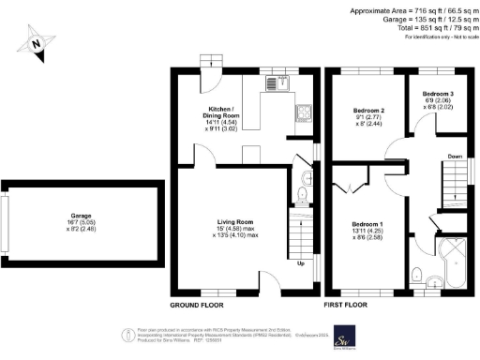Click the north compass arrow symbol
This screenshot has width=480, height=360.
[x=36, y=41]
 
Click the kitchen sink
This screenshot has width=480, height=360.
[x=271, y=82]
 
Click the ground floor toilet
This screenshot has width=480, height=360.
[x=302, y=194]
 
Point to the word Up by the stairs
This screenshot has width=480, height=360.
[x=300, y=262]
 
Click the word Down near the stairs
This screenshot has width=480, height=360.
[x=455, y=157]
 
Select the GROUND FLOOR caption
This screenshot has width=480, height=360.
[x=196, y=307]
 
